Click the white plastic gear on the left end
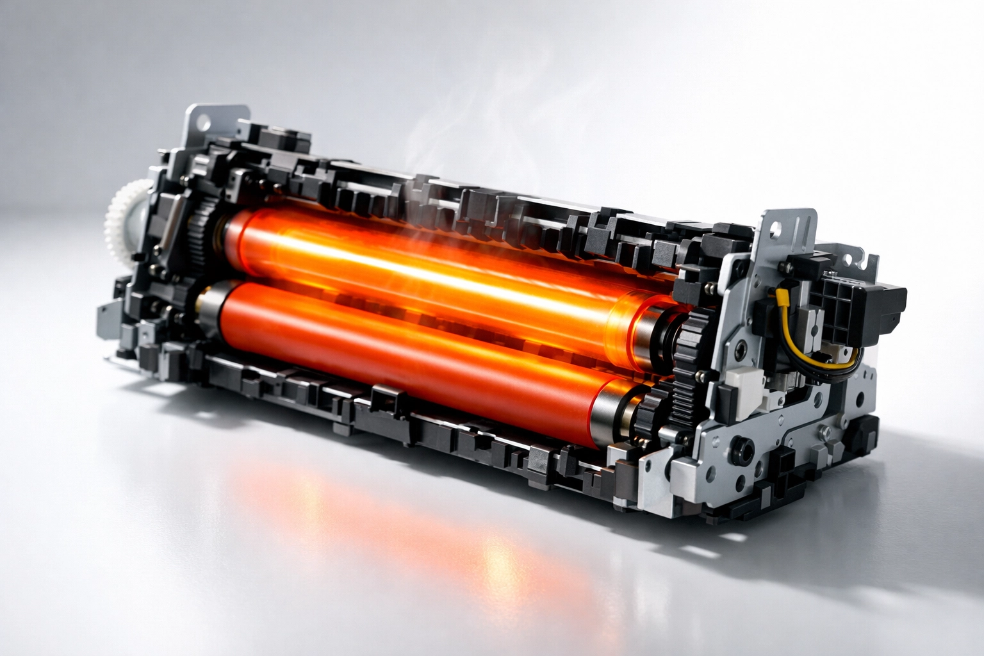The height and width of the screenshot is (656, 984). [x=123, y=215]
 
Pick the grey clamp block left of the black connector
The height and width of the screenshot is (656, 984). [x=810, y=320]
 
